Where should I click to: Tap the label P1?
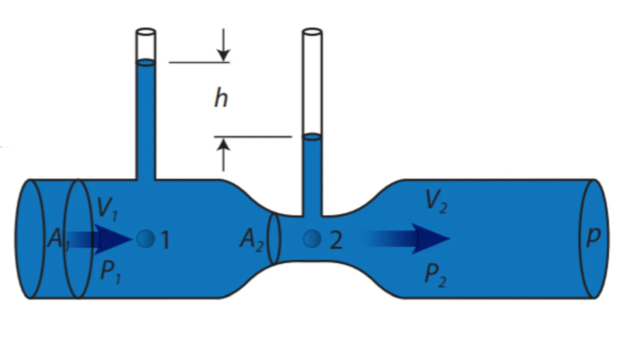(110, 272)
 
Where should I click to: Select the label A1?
(58, 239)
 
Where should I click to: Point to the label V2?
(435, 201)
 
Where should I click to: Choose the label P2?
(435, 274)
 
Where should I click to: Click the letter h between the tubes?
(220, 98)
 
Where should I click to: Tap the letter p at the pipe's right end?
(593, 236)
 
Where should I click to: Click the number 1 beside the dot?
(165, 240)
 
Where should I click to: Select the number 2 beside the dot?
(336, 240)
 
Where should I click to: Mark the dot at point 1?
(145, 239)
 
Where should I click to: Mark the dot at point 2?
(312, 239)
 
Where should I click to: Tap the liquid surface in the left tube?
(145, 62)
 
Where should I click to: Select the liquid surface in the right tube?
(312, 136)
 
